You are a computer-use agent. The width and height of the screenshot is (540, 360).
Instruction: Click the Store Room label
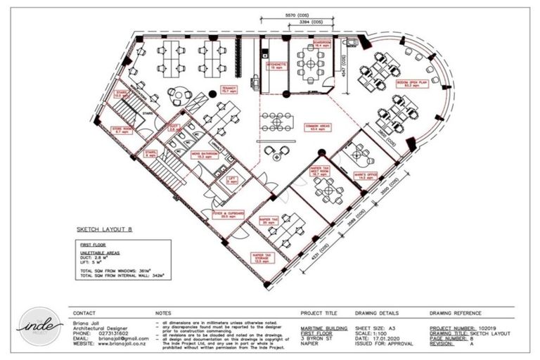[x=121, y=130]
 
